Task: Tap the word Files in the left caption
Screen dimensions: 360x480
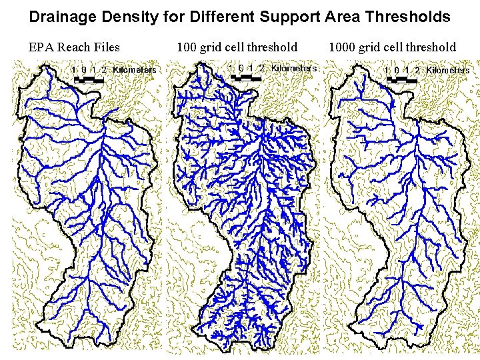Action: tap(107, 47)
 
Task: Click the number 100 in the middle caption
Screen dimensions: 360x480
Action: tap(187, 47)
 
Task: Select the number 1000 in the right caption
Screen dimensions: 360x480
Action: tap(342, 47)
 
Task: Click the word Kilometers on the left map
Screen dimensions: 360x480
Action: tap(135, 69)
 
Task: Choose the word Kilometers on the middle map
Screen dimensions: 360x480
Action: tap(294, 67)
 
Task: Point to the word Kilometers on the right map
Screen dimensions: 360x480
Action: tap(448, 70)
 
